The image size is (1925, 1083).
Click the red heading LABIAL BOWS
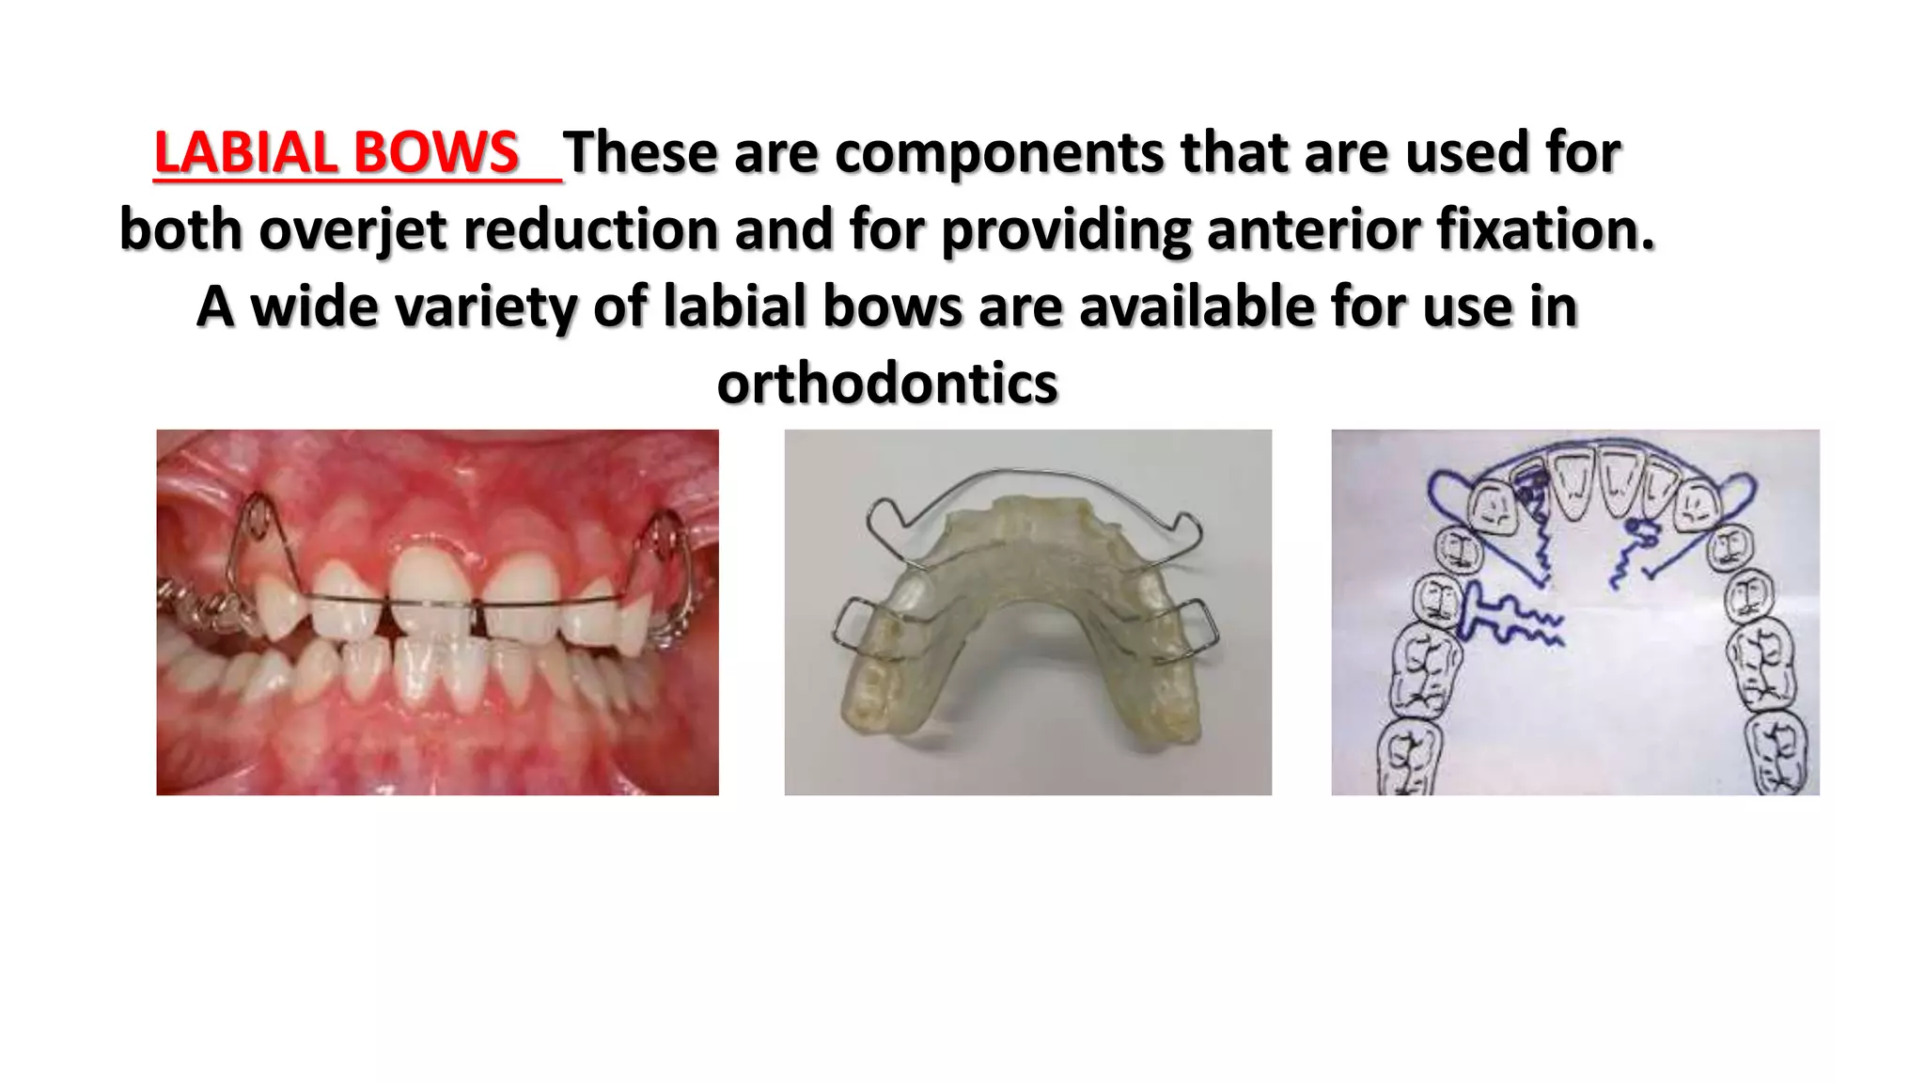point(336,152)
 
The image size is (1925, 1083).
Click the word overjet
point(352,229)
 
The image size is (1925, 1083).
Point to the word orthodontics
point(887,384)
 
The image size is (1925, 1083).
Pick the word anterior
point(1313,229)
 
